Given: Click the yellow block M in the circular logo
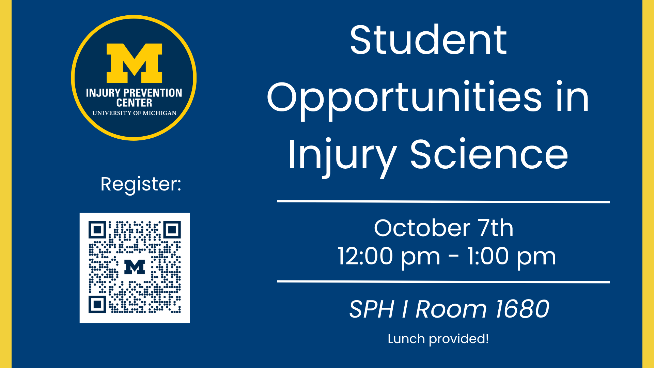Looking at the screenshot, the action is click(135, 63).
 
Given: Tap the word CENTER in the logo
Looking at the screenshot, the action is click(134, 103).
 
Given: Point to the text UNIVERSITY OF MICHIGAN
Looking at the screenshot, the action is click(135, 113).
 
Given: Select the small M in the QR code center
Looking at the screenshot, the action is click(135, 267).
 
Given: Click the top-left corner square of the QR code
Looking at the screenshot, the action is click(97, 230).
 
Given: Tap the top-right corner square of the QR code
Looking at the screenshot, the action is click(172, 230).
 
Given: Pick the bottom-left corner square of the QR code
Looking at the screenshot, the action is click(97, 304).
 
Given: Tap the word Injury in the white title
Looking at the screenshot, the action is click(342, 157).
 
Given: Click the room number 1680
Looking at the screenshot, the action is click(522, 309).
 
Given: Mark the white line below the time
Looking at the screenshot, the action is click(443, 282).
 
